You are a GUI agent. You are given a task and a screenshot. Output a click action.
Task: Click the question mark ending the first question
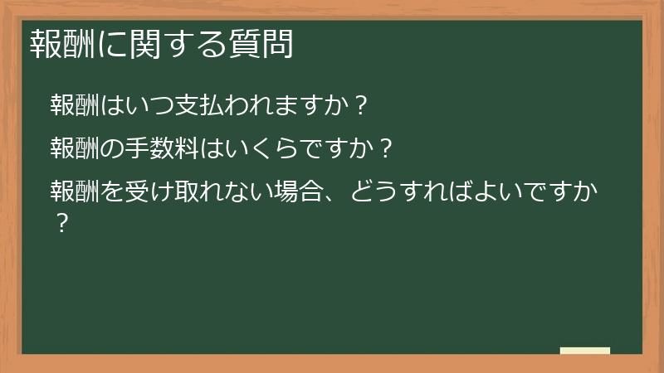(x=359, y=107)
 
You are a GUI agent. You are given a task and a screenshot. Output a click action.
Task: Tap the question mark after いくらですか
(x=383, y=150)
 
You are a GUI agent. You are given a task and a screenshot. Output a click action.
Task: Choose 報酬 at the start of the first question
(x=75, y=107)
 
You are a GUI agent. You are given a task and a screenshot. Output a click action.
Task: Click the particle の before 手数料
(x=112, y=150)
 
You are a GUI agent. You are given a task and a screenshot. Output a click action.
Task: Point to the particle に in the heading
(x=110, y=44)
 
